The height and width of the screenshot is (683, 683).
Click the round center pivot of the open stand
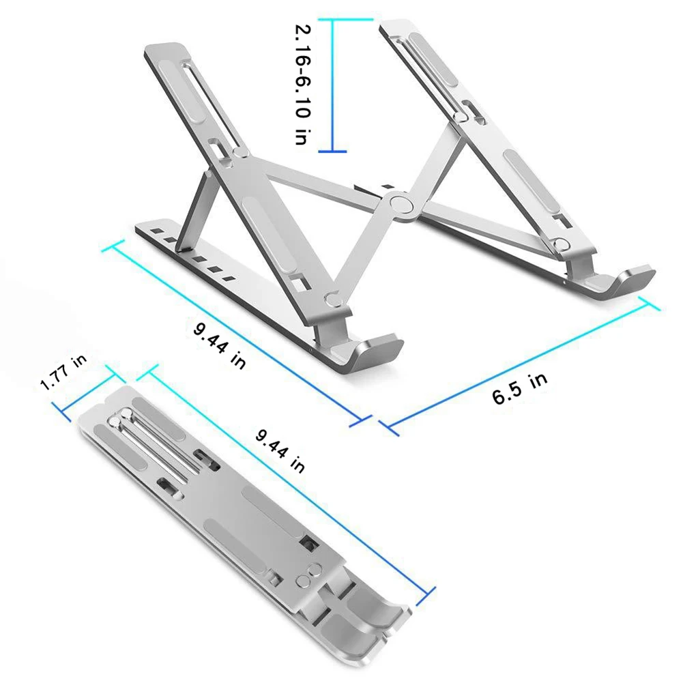(400, 204)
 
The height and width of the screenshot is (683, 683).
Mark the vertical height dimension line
(332, 85)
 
